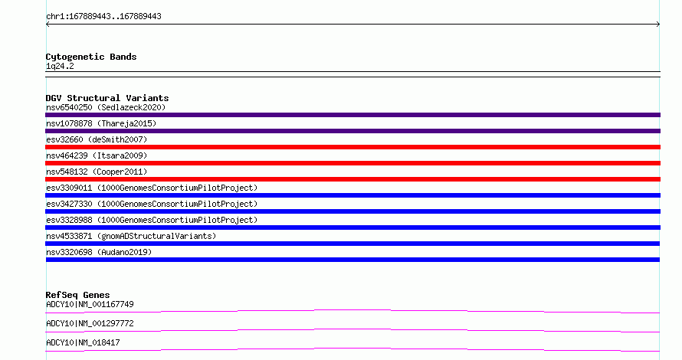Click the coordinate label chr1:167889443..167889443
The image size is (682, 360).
[x=103, y=17]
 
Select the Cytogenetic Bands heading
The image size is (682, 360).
[x=91, y=57]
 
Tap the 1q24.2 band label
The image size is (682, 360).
[x=60, y=66]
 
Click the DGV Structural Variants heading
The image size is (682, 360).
[x=107, y=98]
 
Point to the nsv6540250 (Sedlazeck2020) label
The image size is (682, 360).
[x=106, y=107]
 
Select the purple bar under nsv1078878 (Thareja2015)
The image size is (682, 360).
[x=352, y=131]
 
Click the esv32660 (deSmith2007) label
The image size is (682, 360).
[x=97, y=139]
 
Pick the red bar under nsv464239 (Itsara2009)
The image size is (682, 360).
[x=352, y=163]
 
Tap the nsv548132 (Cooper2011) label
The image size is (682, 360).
[x=97, y=172]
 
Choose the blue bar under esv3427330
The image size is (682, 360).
[x=352, y=211]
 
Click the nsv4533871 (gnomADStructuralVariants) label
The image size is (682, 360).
[x=131, y=236]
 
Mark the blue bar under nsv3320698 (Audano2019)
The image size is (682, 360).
[x=352, y=260]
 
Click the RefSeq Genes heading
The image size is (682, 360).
[x=77, y=295]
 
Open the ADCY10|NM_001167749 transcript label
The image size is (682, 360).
[x=90, y=304]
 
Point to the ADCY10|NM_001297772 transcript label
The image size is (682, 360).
[x=90, y=323]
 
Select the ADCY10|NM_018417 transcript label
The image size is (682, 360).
[x=83, y=342]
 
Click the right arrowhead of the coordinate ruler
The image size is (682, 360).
[x=659, y=25]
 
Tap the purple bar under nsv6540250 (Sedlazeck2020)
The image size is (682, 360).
[x=352, y=115]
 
